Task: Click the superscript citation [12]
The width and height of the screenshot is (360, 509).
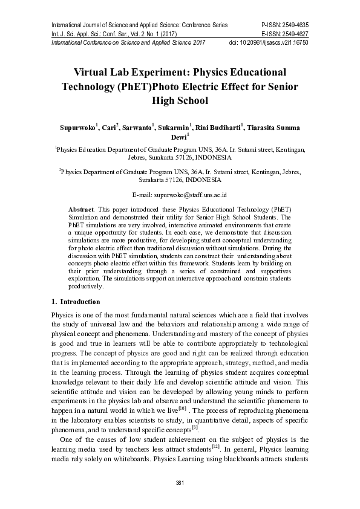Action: tap(215, 447)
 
